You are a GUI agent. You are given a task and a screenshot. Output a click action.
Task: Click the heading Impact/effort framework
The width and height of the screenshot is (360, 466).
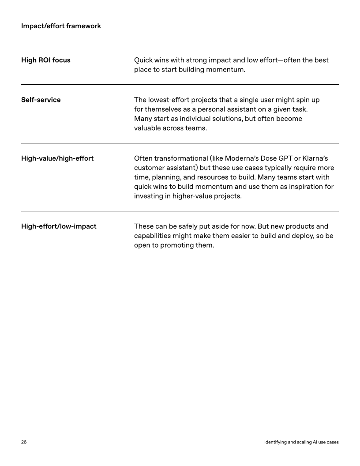(x=61, y=26)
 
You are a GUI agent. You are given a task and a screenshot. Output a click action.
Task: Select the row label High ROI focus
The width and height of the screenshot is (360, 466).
(x=46, y=60)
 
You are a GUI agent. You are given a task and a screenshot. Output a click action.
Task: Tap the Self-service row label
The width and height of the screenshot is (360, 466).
(x=41, y=100)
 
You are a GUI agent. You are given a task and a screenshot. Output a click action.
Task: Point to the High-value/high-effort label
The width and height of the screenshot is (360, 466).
(x=57, y=158)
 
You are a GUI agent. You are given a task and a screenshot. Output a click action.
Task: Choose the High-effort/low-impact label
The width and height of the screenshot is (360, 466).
(x=59, y=226)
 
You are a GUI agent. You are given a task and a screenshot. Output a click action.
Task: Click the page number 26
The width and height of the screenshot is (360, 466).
(x=24, y=442)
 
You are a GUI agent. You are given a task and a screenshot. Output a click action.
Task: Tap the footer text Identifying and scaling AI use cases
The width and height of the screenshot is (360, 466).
(x=301, y=442)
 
